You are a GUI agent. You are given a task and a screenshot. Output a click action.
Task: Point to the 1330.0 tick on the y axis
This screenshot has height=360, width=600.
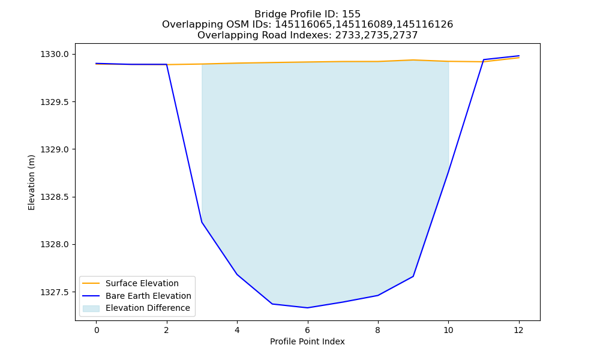pos(55,55)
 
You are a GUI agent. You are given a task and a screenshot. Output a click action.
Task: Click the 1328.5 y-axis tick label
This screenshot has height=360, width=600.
pos(55,197)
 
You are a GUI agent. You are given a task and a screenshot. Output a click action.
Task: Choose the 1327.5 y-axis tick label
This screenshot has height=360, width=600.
pos(55,292)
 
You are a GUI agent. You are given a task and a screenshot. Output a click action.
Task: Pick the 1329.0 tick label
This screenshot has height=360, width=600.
pos(55,149)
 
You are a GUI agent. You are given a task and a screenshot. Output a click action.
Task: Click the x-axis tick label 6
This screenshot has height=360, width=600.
pos(307,330)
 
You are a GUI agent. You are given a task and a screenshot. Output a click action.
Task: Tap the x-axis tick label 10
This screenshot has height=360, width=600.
pos(448,330)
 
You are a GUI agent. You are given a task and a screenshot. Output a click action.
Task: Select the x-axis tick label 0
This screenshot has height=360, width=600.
pos(97,330)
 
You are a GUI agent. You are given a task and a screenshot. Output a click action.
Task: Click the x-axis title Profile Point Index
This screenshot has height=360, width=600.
pos(307,341)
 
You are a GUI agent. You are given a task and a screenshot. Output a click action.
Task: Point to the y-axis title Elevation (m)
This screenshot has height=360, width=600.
pos(31,182)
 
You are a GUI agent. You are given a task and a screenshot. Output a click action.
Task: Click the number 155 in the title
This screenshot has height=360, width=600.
pos(352,14)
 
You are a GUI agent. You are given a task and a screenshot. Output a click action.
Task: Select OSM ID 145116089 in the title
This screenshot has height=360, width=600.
pos(365,25)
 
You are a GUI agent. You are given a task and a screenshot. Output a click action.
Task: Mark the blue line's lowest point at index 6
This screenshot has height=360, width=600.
pos(307,308)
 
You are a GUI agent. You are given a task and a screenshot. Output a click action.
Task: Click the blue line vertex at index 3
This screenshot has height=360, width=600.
pos(202,222)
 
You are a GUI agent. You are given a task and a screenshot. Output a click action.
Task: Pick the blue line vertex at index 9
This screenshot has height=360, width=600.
pos(413,276)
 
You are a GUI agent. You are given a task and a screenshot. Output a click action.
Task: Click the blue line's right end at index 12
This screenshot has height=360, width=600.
pos(519,56)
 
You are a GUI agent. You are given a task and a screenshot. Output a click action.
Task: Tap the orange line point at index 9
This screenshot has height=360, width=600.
pos(413,60)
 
